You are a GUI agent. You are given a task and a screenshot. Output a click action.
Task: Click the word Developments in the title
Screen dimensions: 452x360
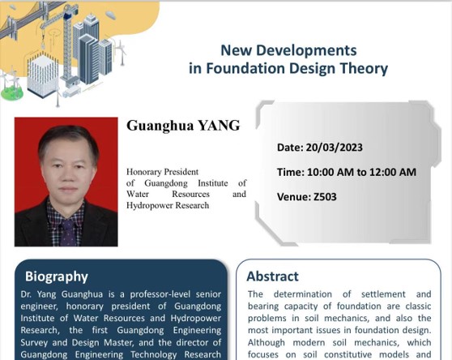click(306, 51)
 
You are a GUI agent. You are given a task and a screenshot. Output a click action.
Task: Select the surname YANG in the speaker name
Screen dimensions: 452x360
click(219, 126)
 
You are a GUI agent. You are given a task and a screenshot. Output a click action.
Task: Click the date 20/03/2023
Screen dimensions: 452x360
click(334, 148)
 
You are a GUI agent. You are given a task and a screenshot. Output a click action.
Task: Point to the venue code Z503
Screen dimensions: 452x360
click(325, 197)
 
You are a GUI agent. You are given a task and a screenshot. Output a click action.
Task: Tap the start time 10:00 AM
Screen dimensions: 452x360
click(330, 172)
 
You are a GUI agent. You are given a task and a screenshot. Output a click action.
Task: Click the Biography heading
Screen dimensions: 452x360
click(57, 277)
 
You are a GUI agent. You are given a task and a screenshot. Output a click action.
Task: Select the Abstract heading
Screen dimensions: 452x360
click(272, 276)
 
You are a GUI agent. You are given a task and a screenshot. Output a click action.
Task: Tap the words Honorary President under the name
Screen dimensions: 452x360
click(162, 172)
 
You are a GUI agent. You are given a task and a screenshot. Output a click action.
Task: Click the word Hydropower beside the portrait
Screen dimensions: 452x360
click(149, 205)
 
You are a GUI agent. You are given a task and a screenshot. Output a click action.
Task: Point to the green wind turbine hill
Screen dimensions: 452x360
click(11, 93)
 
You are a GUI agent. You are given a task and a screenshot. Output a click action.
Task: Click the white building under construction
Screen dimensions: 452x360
click(43, 75)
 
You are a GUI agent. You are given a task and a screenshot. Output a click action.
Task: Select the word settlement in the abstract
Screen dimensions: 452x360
click(383, 294)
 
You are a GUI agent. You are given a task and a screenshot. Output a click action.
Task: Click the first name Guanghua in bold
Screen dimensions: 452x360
click(160, 126)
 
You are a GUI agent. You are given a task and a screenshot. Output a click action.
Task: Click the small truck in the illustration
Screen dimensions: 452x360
click(71, 92)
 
